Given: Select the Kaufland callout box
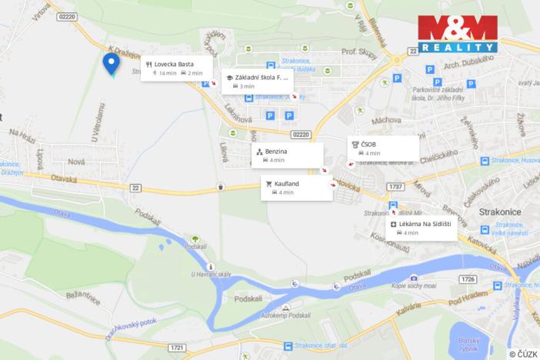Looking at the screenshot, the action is tap(297, 188).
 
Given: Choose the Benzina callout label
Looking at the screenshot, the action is tap(286, 155).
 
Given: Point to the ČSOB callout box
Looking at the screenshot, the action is tap(382, 148).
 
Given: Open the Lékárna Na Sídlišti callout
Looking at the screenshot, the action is tap(422, 228).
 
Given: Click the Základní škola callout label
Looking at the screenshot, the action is tap(257, 82).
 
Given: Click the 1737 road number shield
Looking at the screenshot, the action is tap(396, 187).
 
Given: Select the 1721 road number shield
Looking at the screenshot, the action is tap(176, 348).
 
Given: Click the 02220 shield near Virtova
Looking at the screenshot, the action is tap(68, 16).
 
